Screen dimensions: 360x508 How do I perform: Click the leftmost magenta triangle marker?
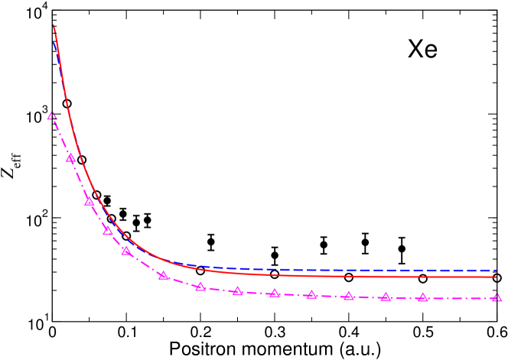52,116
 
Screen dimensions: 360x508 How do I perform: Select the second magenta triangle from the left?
70,158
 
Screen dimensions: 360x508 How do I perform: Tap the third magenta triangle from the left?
89,202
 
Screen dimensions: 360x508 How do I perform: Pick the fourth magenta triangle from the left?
108,230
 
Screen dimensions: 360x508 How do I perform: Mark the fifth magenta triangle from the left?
126,251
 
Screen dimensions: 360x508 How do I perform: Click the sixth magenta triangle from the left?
164,275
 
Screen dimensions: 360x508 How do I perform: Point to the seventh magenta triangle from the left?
200,287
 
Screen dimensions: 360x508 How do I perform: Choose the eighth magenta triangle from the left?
238,291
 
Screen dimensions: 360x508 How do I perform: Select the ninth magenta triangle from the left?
275,294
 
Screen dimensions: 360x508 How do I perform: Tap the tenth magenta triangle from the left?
311,295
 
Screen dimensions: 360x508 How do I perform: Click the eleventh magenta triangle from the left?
349,296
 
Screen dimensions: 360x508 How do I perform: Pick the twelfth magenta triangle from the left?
386,297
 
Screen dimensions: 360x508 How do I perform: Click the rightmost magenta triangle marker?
497,298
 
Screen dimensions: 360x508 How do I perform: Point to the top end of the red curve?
54,25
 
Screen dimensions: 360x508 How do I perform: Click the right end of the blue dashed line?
497,270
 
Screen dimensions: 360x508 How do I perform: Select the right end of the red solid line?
497,277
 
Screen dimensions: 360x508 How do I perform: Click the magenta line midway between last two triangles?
460,298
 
